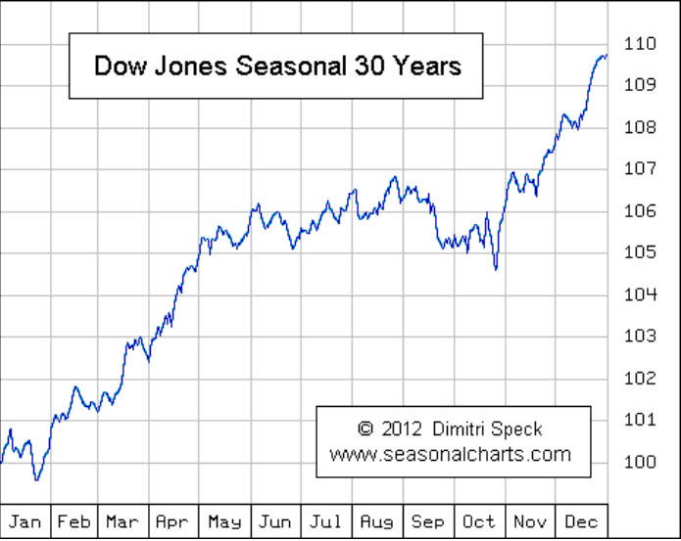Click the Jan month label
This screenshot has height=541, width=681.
point(24,521)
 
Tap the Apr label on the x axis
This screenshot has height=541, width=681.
point(173,521)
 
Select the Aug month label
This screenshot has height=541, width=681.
point(376,521)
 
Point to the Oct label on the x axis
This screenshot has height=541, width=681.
point(479,521)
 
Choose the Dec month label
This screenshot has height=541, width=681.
point(580,521)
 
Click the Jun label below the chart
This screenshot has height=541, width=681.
point(275,521)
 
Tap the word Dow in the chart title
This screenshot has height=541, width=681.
point(116,66)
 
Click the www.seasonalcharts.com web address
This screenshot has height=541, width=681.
point(450,454)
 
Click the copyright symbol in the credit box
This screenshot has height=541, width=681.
point(365,429)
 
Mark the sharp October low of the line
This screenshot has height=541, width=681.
point(496,269)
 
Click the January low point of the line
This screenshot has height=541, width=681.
point(36,479)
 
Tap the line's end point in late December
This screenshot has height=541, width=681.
point(607,56)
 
